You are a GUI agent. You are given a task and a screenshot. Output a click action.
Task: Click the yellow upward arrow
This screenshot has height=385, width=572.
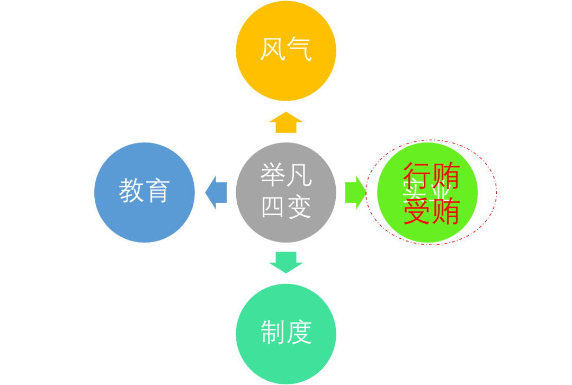[286, 122]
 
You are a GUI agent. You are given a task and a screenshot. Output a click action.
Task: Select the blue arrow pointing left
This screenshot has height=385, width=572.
[216, 192]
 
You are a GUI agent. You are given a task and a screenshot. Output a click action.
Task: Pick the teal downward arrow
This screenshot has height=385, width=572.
[286, 262]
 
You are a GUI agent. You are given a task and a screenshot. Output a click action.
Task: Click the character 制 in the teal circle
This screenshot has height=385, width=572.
[273, 332]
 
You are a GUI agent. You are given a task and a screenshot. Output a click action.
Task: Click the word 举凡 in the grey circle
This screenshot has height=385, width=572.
[286, 175]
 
